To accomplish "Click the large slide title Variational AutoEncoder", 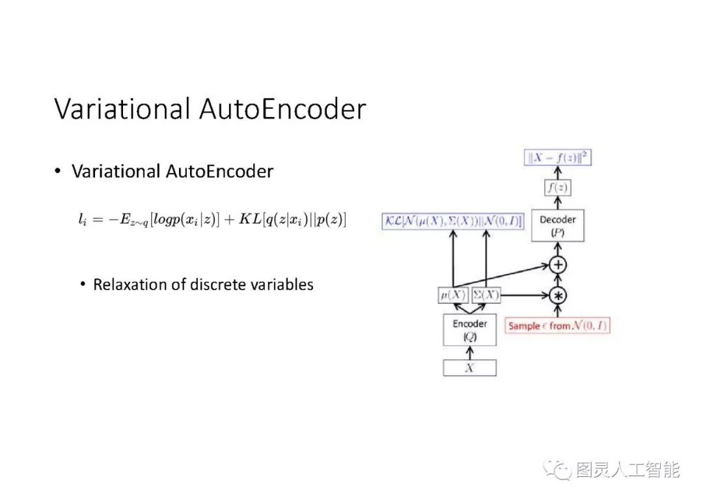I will click(210, 109).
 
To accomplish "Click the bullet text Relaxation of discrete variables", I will click(203, 285).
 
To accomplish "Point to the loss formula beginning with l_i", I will click(212, 220).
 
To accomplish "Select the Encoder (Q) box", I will click(469, 330).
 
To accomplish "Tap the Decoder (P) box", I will click(557, 226).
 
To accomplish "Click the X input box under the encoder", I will click(469, 368).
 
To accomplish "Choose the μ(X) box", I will click(452, 295).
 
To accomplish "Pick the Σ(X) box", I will click(486, 295).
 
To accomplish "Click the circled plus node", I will click(558, 265).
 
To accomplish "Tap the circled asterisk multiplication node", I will click(558, 295).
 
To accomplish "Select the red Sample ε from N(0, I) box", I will click(558, 325).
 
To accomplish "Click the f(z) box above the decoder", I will click(558, 188).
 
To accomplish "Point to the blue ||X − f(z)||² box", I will click(558, 157).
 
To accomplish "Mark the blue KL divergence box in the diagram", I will click(452, 221).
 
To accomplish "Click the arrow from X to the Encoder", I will click(469, 353).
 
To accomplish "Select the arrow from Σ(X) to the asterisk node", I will click(525, 295).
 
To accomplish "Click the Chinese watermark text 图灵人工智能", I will click(627, 470).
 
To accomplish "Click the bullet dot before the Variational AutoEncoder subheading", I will click(57, 171).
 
